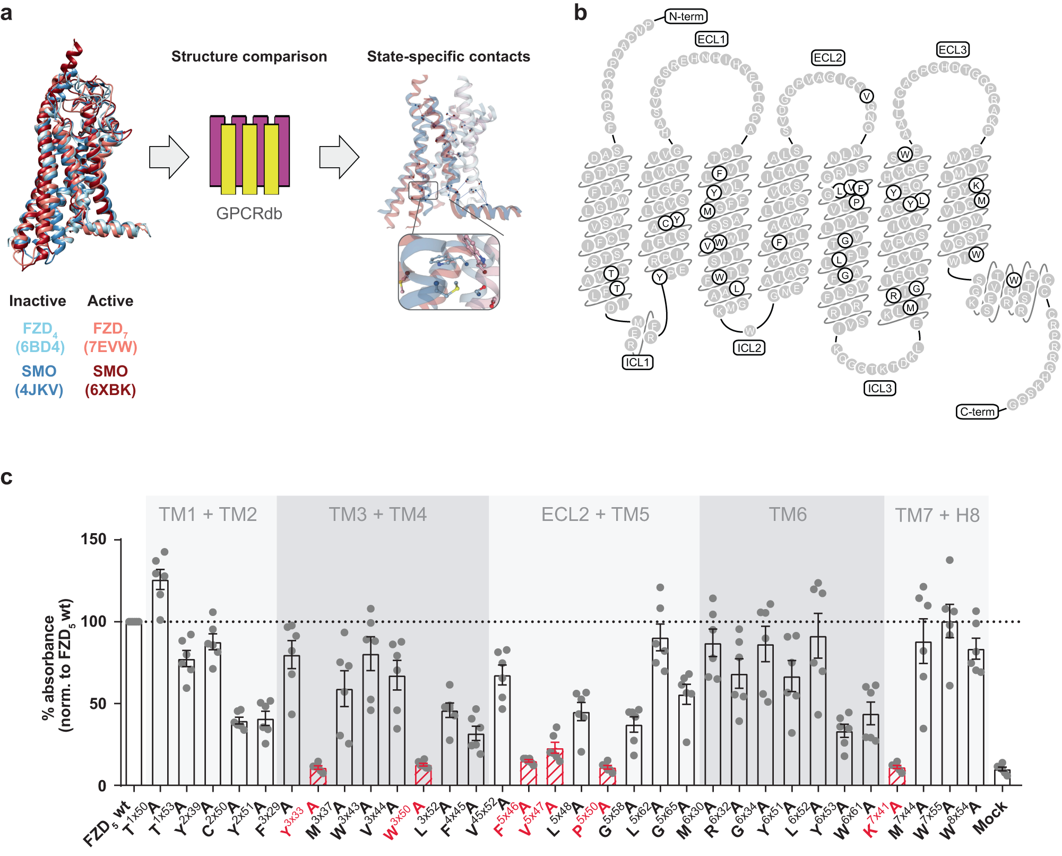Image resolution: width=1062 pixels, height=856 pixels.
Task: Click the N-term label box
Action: [x=686, y=16]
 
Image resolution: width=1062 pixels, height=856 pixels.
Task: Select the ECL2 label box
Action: [x=828, y=57]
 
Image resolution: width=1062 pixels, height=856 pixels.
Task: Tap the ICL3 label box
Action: [x=879, y=388]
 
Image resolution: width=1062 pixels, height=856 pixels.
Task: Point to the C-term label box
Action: [x=977, y=412]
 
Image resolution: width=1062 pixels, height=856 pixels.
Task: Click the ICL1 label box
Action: [x=637, y=362]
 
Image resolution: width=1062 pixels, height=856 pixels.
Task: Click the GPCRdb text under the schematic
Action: [x=249, y=213]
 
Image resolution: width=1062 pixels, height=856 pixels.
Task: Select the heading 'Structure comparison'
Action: [x=249, y=56]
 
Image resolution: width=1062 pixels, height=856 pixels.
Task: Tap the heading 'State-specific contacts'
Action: [x=448, y=56]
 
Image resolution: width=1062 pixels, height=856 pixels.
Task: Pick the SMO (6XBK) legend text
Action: [x=110, y=380]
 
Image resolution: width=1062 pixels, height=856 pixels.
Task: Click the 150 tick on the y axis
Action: [x=93, y=540]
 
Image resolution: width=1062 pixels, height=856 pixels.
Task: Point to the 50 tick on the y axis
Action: [x=98, y=704]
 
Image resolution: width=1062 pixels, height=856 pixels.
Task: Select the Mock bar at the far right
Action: [x=1002, y=777]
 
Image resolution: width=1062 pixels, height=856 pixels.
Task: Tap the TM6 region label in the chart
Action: [x=788, y=515]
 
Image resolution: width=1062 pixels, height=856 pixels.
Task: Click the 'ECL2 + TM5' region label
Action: [x=595, y=515]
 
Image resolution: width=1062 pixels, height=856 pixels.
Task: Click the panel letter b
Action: [x=581, y=13]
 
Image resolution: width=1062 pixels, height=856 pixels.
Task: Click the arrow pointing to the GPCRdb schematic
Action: [x=169, y=157]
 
